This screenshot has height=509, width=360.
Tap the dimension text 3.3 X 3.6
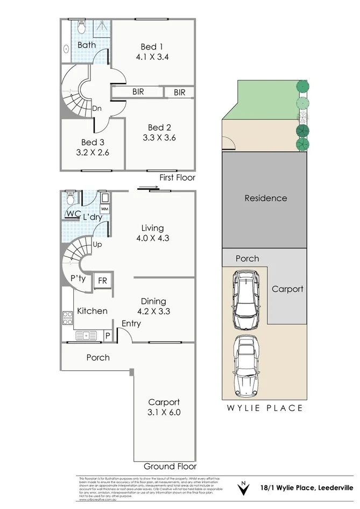(x=159, y=137)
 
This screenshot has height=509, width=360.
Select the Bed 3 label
(x=93, y=143)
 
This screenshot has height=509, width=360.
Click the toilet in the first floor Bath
(x=81, y=26)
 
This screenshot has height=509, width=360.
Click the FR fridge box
(x=102, y=281)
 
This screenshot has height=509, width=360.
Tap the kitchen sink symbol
(x=86, y=336)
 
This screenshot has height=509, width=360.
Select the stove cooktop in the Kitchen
(x=68, y=319)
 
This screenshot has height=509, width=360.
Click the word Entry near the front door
(x=131, y=323)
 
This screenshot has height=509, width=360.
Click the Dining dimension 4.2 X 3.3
(x=153, y=310)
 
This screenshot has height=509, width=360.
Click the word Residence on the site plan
(x=266, y=198)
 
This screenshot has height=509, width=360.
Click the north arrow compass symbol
(x=244, y=489)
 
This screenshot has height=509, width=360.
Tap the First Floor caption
(x=178, y=178)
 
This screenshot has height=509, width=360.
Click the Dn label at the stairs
(x=97, y=108)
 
